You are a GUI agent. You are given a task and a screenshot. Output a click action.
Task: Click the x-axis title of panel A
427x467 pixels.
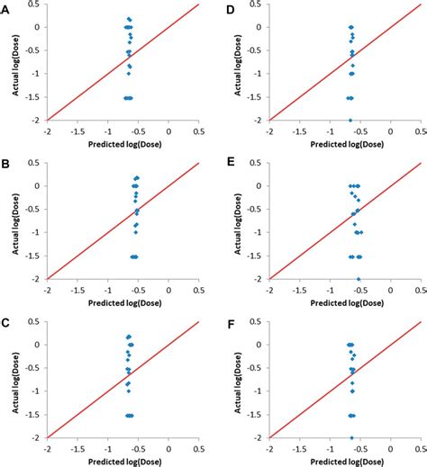click(x=123, y=142)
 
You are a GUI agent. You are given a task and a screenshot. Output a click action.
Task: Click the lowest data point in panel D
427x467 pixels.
click(x=350, y=120)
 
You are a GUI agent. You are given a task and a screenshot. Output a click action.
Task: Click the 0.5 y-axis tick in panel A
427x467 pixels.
click(x=37, y=4)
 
